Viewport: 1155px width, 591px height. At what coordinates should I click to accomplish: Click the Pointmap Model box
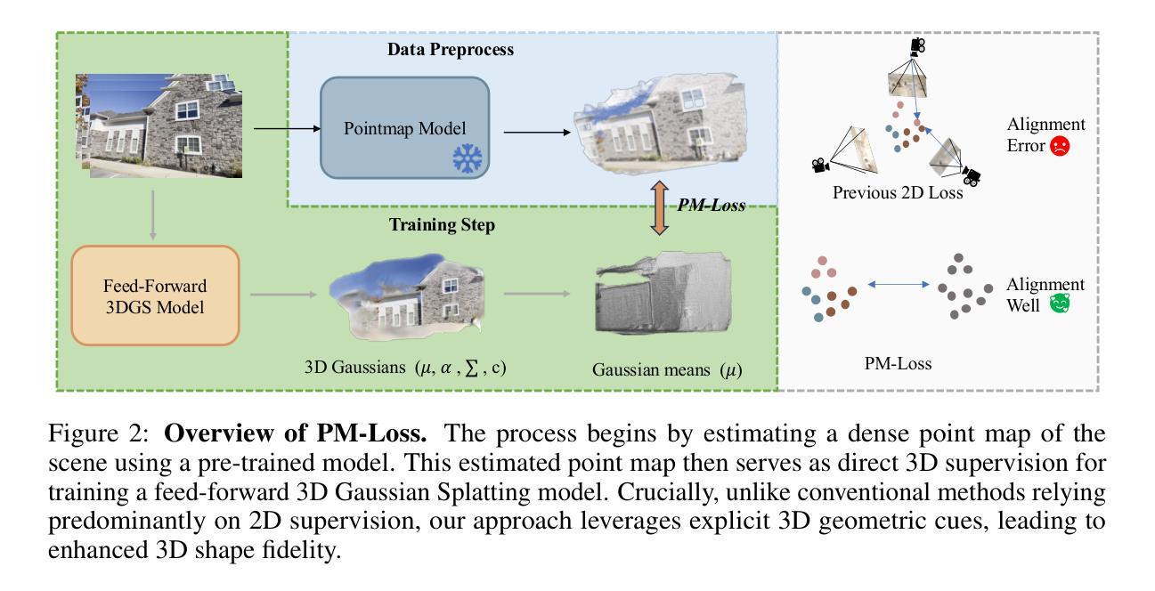pos(405,128)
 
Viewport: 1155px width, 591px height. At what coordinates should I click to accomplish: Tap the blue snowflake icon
pos(468,158)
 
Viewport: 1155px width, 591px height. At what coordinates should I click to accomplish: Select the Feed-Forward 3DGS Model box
pos(155,295)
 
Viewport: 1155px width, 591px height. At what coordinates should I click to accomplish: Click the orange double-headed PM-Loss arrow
pos(660,207)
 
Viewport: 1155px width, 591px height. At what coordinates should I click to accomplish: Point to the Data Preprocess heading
pos(450,50)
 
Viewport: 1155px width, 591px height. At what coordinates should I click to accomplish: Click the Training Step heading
pos(442,224)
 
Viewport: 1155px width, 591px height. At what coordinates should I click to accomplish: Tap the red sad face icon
pos(1060,146)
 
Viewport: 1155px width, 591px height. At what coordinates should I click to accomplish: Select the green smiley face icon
pos(1060,304)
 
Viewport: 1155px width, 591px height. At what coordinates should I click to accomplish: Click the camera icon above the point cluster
pos(917,47)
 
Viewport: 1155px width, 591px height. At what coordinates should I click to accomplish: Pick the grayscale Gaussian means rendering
pos(663,293)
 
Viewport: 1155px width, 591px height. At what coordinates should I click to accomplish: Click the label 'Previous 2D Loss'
pos(898,193)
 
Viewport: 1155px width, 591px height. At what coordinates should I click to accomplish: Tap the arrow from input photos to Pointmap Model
pos(287,128)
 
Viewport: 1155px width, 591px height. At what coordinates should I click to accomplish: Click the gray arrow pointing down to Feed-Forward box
pos(152,215)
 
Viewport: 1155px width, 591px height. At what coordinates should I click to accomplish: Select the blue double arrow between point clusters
pos(899,284)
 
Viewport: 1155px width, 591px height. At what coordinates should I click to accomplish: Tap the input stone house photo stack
pos(159,125)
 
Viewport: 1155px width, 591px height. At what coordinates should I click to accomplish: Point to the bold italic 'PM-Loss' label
pos(711,205)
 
